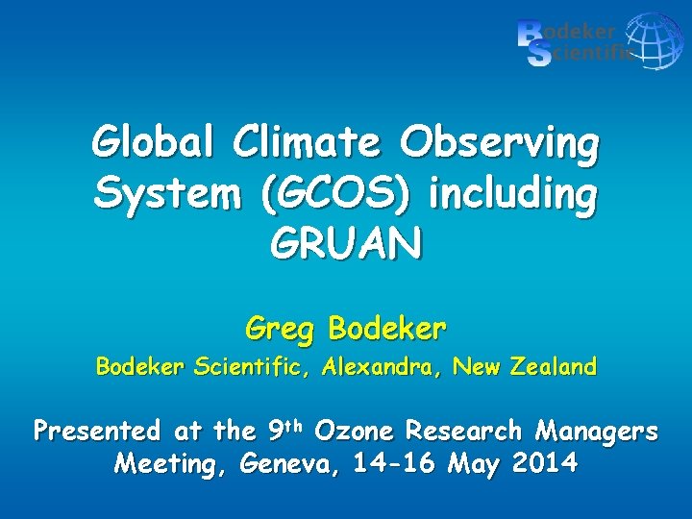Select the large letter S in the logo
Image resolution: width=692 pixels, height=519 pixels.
click(x=539, y=55)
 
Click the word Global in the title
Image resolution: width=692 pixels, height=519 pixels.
click(x=154, y=144)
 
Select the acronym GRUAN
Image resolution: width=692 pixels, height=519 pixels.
click(x=346, y=245)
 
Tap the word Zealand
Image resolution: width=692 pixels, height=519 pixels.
click(x=552, y=367)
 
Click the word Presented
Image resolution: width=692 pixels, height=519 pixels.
click(x=97, y=431)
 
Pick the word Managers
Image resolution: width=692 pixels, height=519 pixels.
click(x=597, y=431)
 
